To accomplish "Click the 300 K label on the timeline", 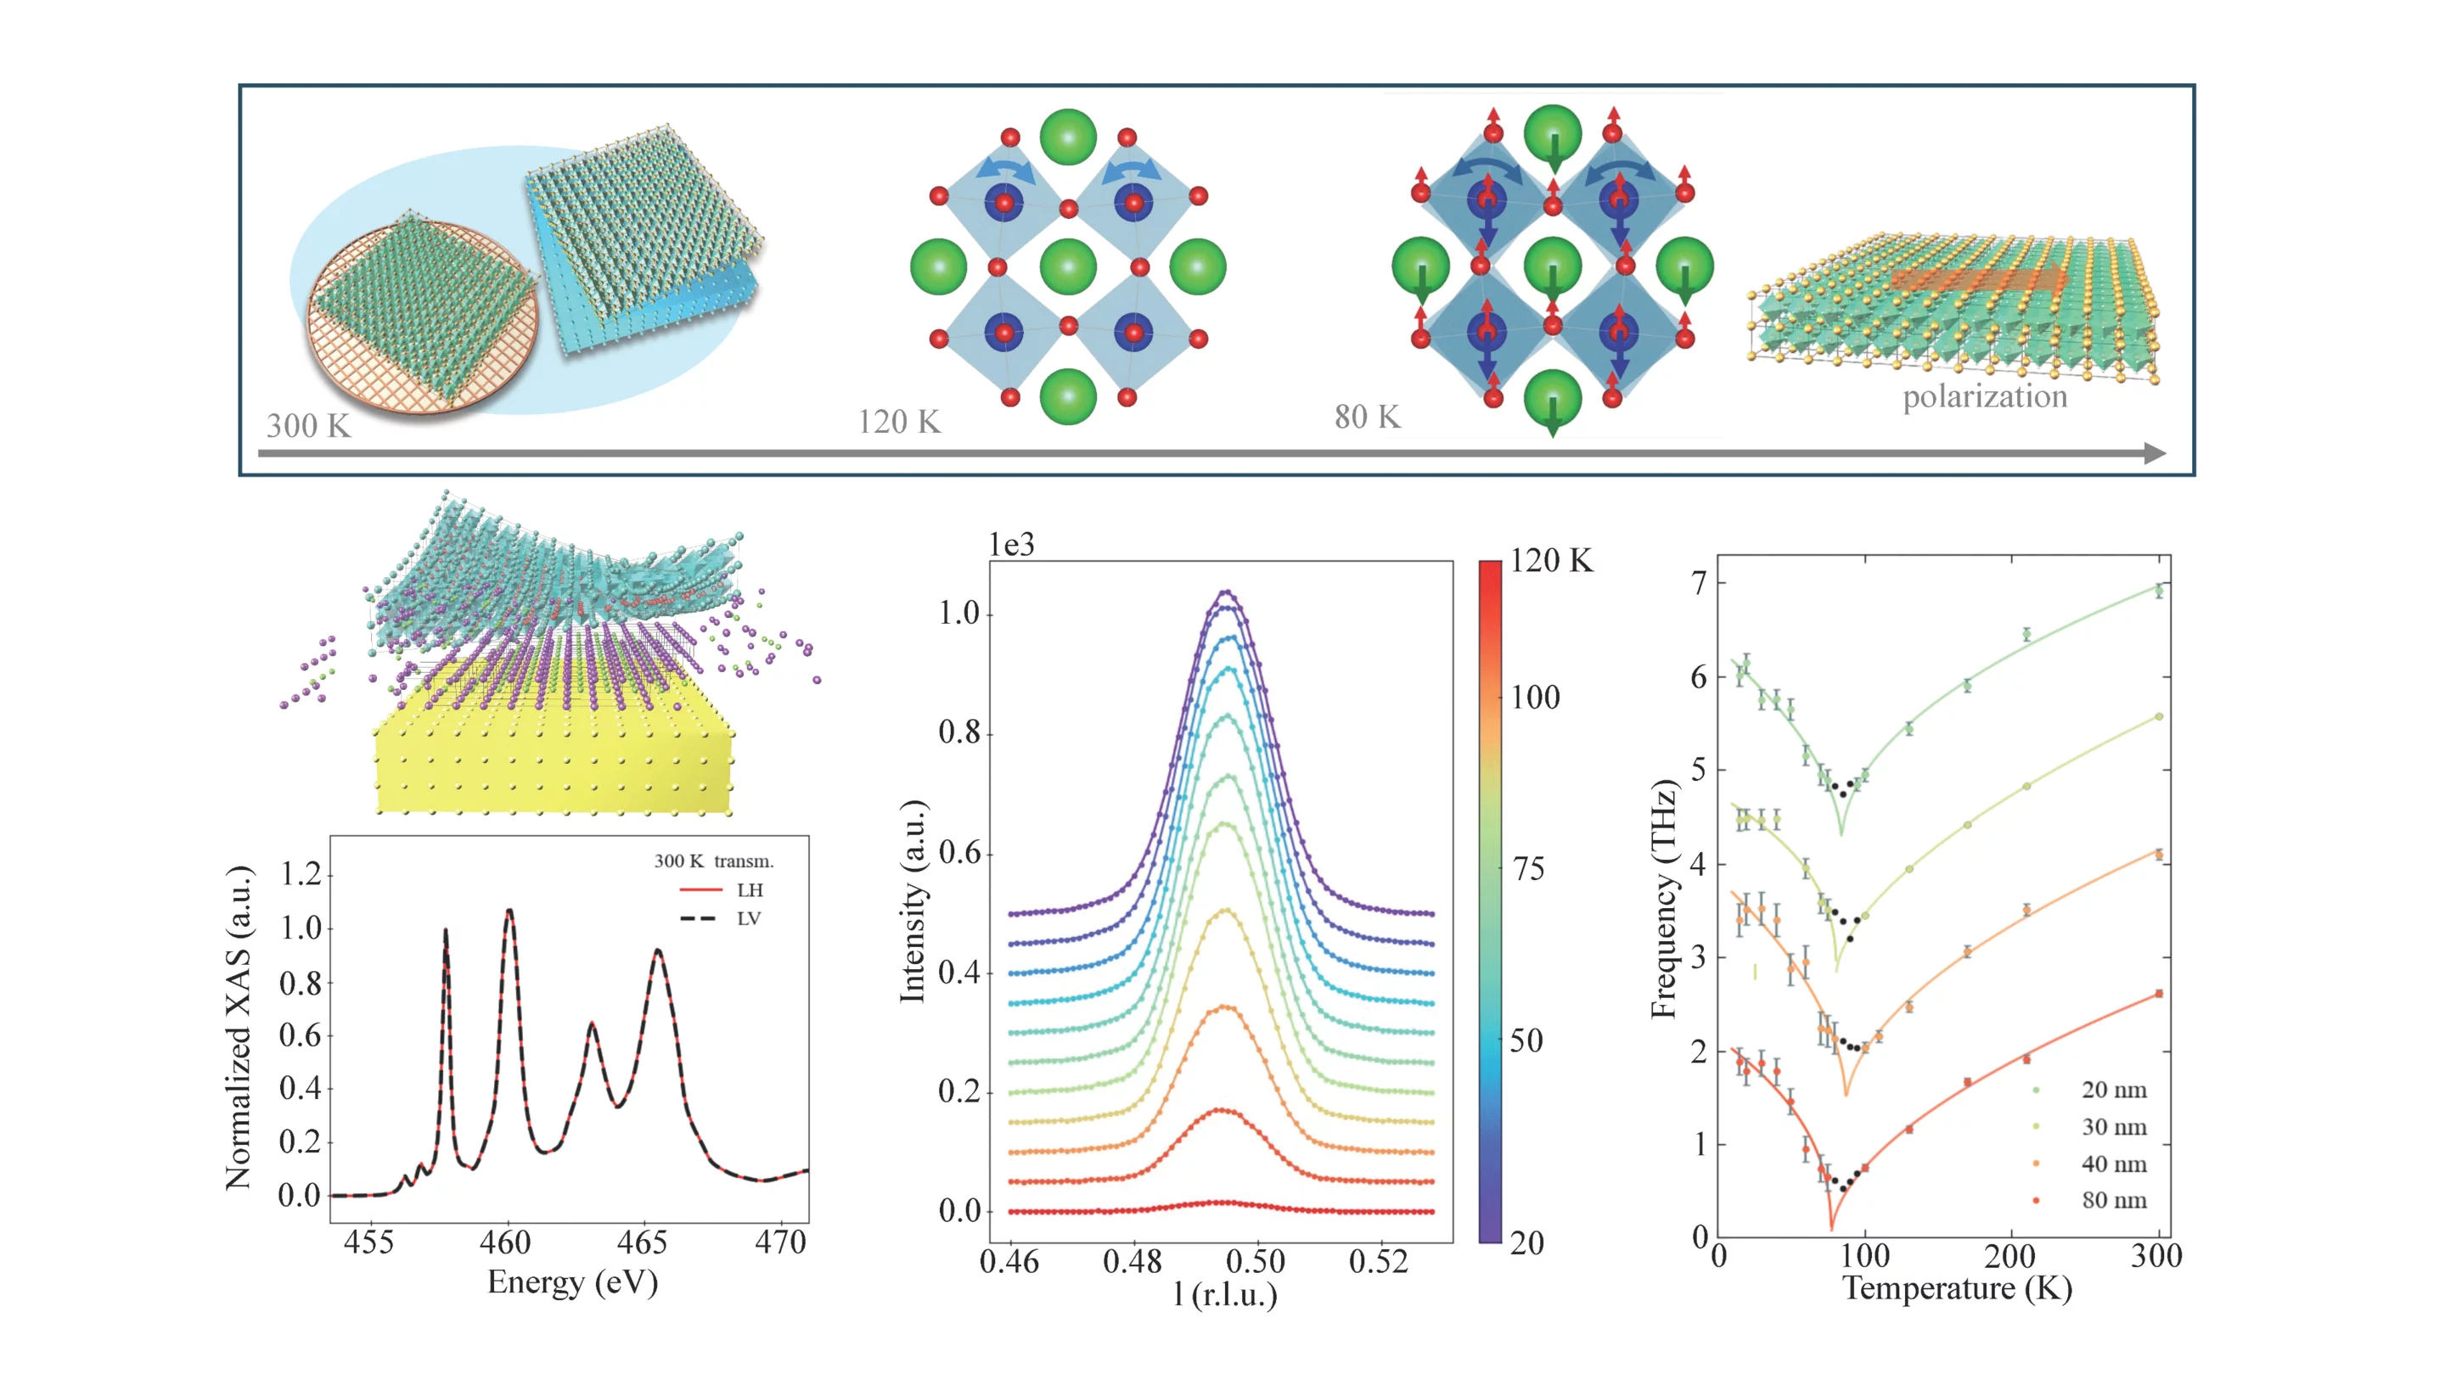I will (308, 425).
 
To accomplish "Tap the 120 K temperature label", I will (899, 421).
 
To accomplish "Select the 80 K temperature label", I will (1367, 417).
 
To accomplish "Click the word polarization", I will (1985, 396).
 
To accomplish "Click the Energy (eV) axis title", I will (572, 1282).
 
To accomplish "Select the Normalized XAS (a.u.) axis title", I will (239, 1028).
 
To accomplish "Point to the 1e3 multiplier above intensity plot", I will (1011, 545).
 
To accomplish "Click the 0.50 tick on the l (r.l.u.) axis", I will (1255, 1262).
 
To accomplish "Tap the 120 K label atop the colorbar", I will (1551, 561).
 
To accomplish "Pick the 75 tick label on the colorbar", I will (1528, 868).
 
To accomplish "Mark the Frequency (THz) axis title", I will (1664, 900).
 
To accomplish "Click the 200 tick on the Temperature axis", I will (2009, 1256).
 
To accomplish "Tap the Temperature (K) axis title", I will (1957, 1288).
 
